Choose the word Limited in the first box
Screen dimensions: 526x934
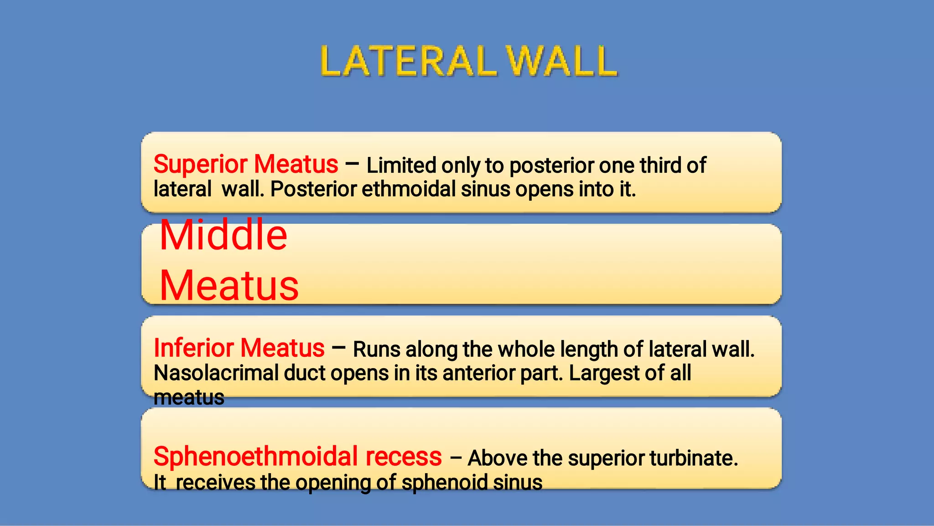tap(401, 166)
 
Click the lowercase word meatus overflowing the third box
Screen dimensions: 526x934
tap(189, 398)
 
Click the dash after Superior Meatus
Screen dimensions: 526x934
tap(352, 164)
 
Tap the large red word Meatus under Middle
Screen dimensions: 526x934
tap(229, 286)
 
